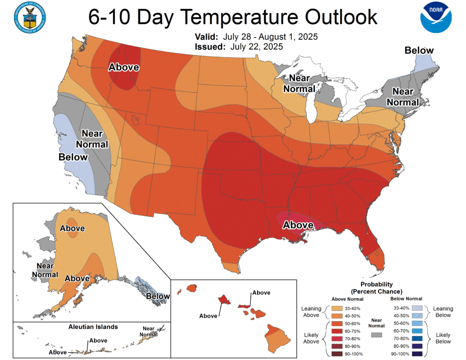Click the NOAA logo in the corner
[x=436, y=18]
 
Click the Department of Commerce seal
[x=31, y=18]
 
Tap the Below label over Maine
[x=419, y=51]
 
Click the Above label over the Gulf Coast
[x=298, y=225]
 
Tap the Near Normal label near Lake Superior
[x=299, y=83]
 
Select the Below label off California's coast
[x=73, y=157]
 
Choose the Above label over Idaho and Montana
[x=123, y=67]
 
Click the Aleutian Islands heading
[x=93, y=327]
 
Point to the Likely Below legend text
[x=443, y=338]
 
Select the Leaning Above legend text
[x=312, y=312]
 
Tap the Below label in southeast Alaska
[x=158, y=296]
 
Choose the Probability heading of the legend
[x=376, y=284]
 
